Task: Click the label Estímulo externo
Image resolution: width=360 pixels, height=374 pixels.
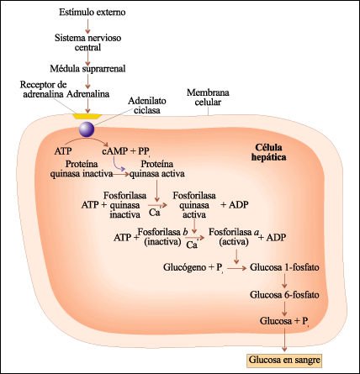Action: (x=93, y=13)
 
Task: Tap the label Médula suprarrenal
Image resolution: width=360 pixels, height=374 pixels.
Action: (x=87, y=69)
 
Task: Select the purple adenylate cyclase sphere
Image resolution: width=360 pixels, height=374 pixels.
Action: (x=87, y=129)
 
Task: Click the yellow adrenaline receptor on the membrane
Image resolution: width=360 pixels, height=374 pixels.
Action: (x=87, y=116)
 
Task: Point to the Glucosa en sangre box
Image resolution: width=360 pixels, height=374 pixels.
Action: (x=284, y=360)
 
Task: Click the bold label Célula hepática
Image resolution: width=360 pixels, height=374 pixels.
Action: (x=268, y=152)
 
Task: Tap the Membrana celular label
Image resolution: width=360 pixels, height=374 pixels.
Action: (x=208, y=97)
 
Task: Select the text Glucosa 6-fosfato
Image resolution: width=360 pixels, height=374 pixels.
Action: (x=284, y=295)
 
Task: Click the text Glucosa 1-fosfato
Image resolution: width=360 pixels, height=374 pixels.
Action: (x=284, y=267)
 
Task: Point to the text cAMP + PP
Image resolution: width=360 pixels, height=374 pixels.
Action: (x=126, y=151)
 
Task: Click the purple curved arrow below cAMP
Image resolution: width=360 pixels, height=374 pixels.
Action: (x=119, y=165)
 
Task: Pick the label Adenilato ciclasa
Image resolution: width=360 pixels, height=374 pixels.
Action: (x=147, y=105)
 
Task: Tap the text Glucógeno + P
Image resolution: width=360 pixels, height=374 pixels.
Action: (x=193, y=267)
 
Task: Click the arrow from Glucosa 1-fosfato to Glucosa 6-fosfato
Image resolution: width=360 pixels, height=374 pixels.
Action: (x=284, y=281)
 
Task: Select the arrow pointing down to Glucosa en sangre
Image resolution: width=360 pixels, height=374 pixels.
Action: (x=284, y=340)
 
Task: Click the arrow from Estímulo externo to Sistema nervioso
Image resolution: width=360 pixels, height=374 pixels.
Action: (x=87, y=26)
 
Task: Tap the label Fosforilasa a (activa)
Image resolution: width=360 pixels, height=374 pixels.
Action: (x=234, y=237)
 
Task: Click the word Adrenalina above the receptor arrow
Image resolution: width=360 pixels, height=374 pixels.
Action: (x=87, y=94)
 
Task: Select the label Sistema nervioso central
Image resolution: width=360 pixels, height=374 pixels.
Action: (x=87, y=42)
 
